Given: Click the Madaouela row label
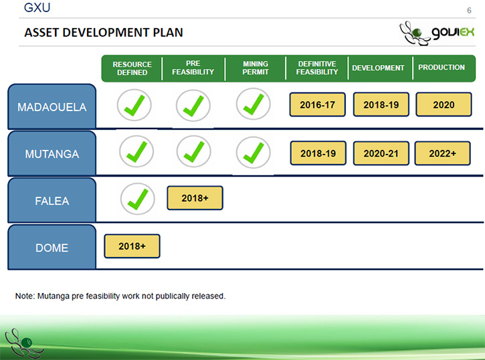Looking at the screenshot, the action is tap(52, 106).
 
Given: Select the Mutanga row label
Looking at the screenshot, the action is tap(52, 154).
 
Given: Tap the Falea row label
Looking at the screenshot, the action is tap(52, 201).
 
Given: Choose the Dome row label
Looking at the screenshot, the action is tap(52, 248).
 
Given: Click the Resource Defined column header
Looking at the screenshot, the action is tap(132, 68).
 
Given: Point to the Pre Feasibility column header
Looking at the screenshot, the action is tap(193, 68).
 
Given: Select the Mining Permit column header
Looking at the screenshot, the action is tap(255, 68).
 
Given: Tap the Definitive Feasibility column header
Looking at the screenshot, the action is tap(316, 68).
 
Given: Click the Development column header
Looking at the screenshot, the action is tap(378, 68).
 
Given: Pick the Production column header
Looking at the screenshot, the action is tap(442, 68).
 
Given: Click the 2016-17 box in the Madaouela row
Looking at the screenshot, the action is tap(317, 104).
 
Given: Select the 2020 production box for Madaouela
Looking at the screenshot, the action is tap(444, 104).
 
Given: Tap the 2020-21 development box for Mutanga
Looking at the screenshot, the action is tap(381, 153).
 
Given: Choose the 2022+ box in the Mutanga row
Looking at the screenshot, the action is tap(442, 153).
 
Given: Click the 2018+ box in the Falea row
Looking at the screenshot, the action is tap(195, 198).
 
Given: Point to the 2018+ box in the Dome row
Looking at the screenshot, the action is tap(132, 246).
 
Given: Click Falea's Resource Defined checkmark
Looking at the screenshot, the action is tap(138, 199).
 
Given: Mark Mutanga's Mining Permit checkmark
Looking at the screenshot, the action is tap(254, 153).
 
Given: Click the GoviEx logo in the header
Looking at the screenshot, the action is tap(437, 33).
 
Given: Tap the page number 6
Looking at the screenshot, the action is tap(469, 11).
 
